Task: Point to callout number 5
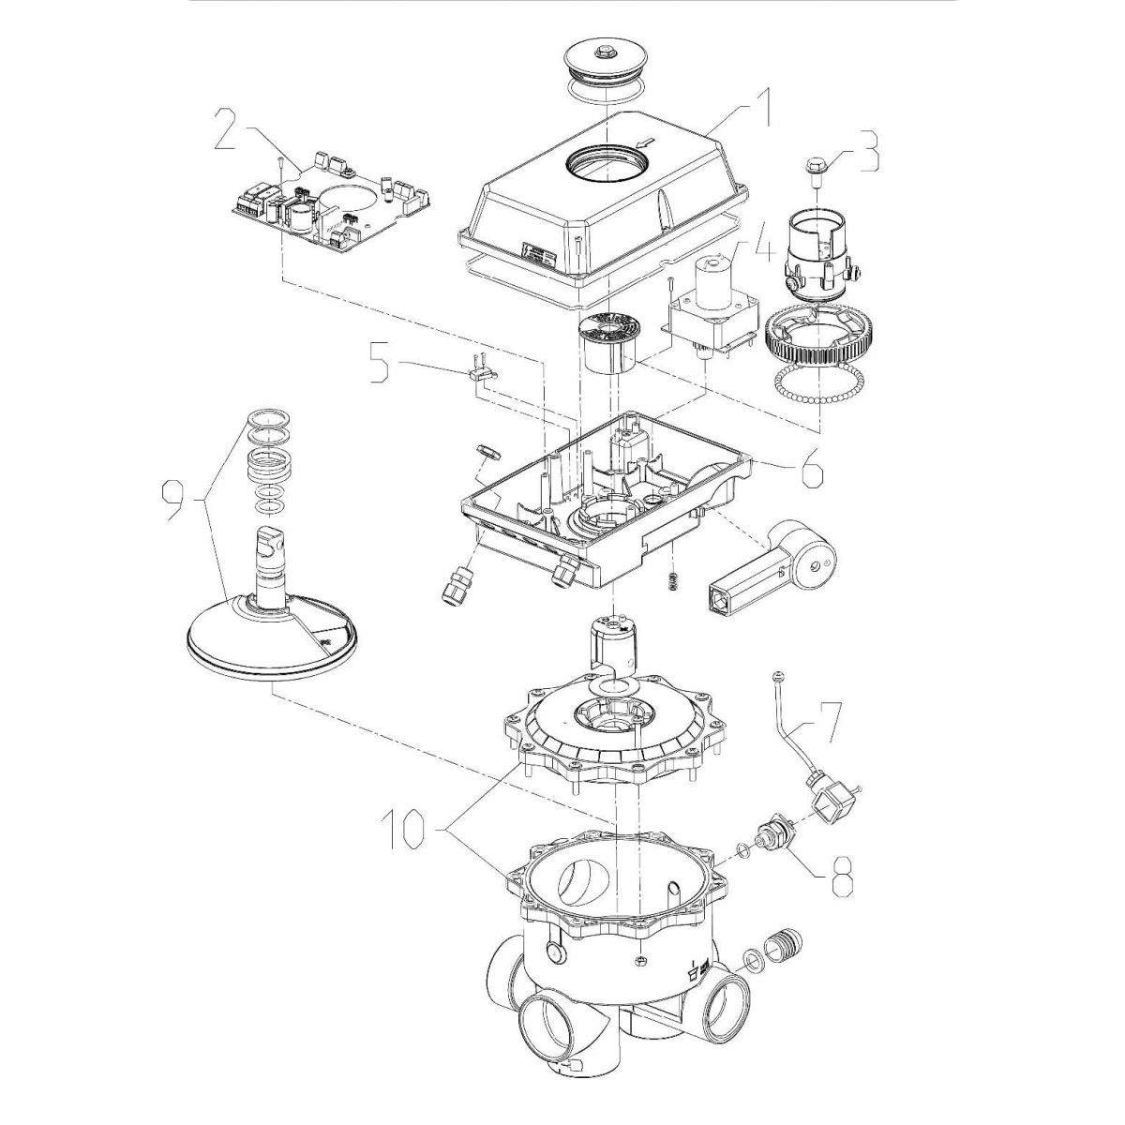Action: (378, 366)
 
